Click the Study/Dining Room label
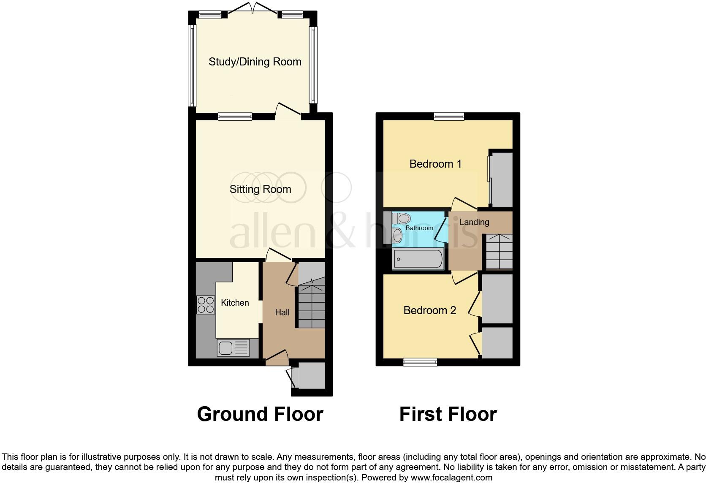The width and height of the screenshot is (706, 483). coord(255,62)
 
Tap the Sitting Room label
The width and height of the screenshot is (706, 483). coord(260,189)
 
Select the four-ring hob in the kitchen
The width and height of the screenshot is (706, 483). coord(205,305)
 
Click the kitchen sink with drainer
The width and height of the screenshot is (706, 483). coord(233,348)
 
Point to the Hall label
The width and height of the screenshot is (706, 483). coord(282,312)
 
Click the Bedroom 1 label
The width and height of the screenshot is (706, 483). coord(435,164)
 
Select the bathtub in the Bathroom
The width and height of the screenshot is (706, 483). coord(418,259)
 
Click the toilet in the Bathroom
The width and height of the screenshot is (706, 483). coord(402,219)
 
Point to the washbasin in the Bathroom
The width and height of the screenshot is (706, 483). coord(397,236)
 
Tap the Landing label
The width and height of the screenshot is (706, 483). coord(474,222)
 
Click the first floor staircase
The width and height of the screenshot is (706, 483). coord(499,252)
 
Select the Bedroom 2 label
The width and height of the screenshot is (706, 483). coord(429,311)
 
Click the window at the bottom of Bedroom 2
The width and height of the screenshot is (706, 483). coord(420,362)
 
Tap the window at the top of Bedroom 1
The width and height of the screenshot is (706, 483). coord(449,116)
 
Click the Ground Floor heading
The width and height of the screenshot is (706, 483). coord(260,414)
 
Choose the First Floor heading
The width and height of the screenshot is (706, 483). coord(448,414)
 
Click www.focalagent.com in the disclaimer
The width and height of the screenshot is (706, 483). coord(451,478)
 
